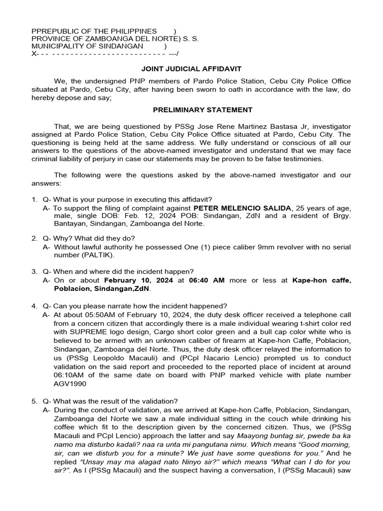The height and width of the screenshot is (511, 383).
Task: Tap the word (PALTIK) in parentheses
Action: pyautogui.click(x=98, y=255)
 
